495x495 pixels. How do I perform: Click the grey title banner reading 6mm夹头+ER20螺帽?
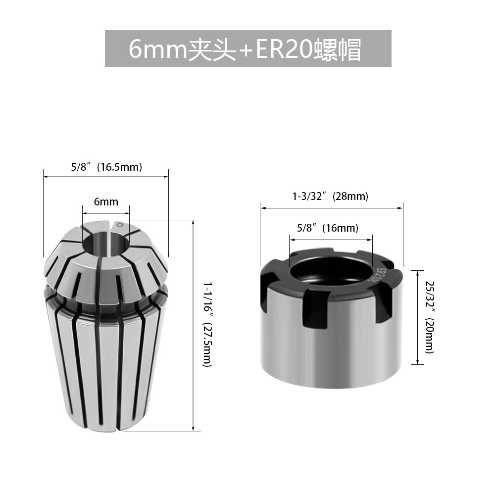[248, 49]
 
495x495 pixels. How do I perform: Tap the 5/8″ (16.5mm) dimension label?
[106, 167]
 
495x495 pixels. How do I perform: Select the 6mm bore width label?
[106, 201]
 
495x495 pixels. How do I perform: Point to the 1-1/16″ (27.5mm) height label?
[207, 325]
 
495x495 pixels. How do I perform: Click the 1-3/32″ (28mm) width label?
[330, 196]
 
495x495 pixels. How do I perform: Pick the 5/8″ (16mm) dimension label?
[328, 228]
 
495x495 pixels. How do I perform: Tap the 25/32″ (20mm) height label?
[430, 317]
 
